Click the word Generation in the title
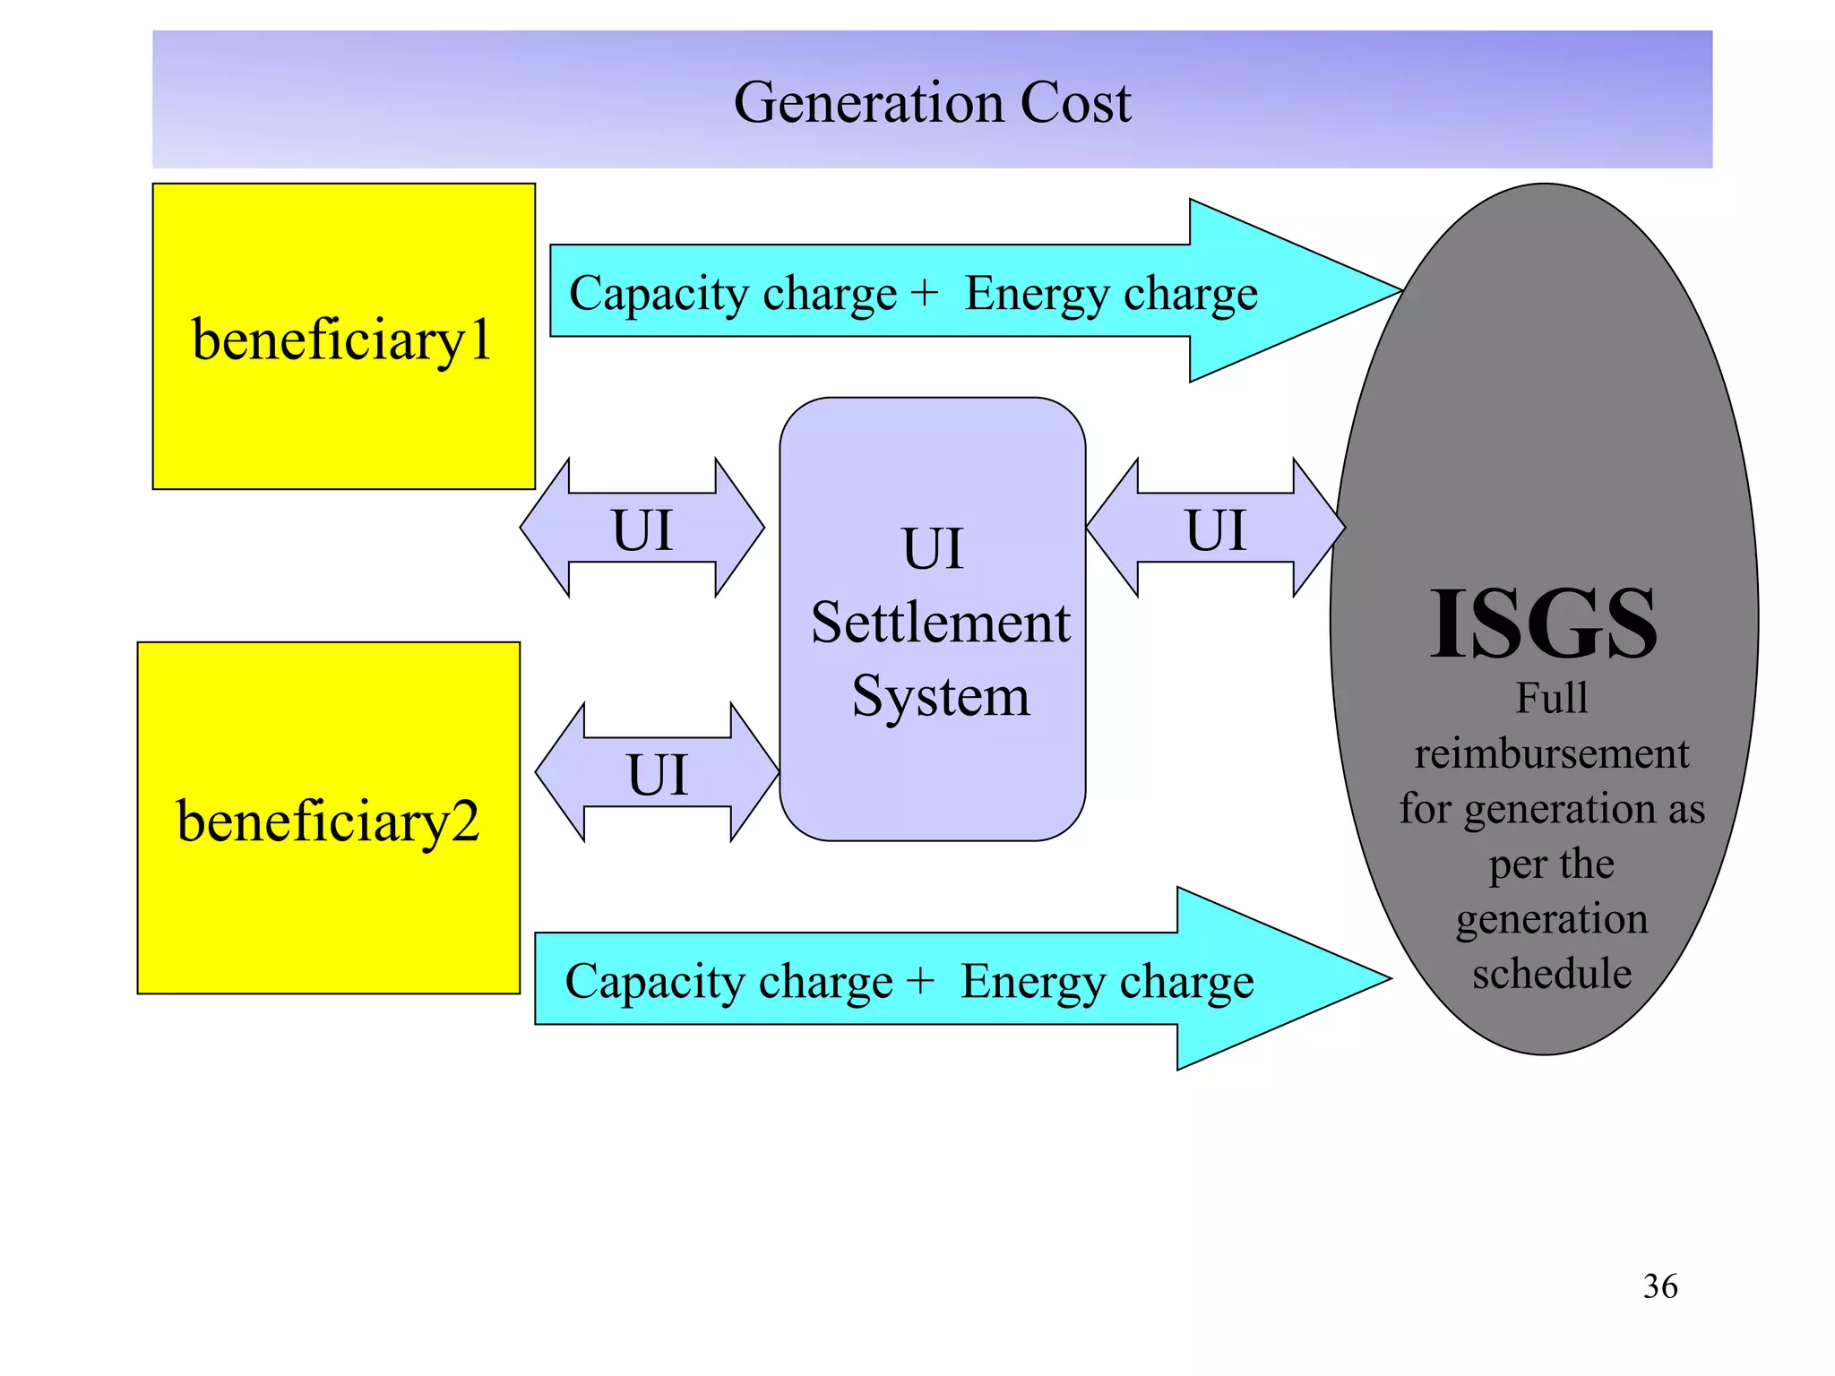[x=867, y=103]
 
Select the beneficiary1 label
[x=342, y=340]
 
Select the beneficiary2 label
[x=328, y=821]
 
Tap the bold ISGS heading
[x=1543, y=624]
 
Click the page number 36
[x=1659, y=1286]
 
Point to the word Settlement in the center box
[x=940, y=623]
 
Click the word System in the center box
[x=940, y=696]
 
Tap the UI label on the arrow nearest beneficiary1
[x=642, y=530]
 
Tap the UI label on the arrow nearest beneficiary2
[x=657, y=775]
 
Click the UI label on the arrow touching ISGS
[x=1216, y=530]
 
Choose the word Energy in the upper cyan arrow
[x=1037, y=294]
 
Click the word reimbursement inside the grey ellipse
[x=1551, y=753]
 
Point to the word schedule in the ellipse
[x=1551, y=974]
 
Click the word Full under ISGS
[x=1551, y=698]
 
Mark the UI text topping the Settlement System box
[x=932, y=548]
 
